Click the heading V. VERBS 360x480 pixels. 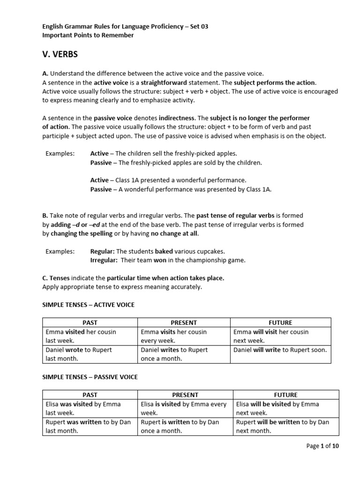coord(60,54)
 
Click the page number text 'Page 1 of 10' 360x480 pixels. coord(322,446)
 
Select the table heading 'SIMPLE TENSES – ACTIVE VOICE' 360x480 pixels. coord(88,305)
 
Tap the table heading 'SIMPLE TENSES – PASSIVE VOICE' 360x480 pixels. coord(90,377)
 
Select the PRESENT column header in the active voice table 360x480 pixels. coord(184,322)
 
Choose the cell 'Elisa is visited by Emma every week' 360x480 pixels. coord(184,408)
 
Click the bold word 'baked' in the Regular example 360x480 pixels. coord(164,251)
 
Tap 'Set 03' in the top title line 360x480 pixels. coord(198,27)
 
